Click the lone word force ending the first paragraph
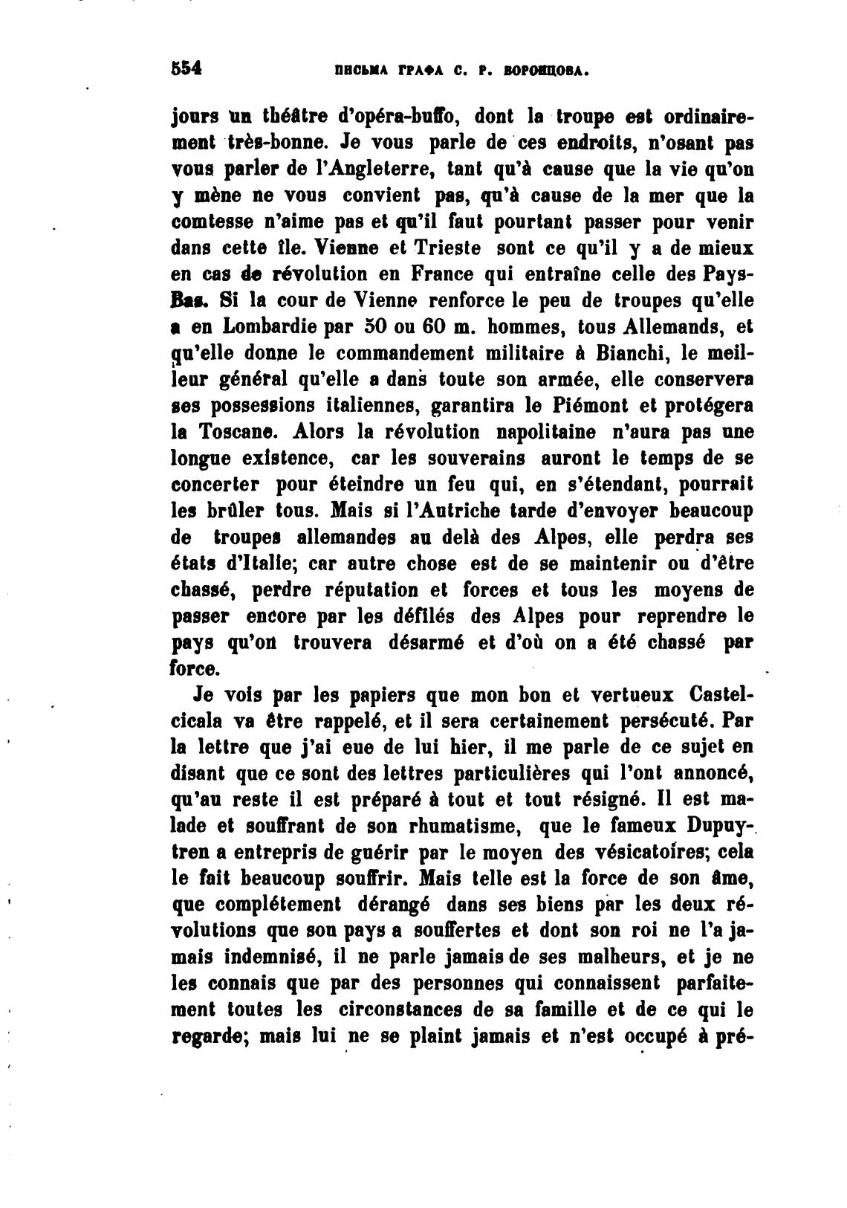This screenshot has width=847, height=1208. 195,668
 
